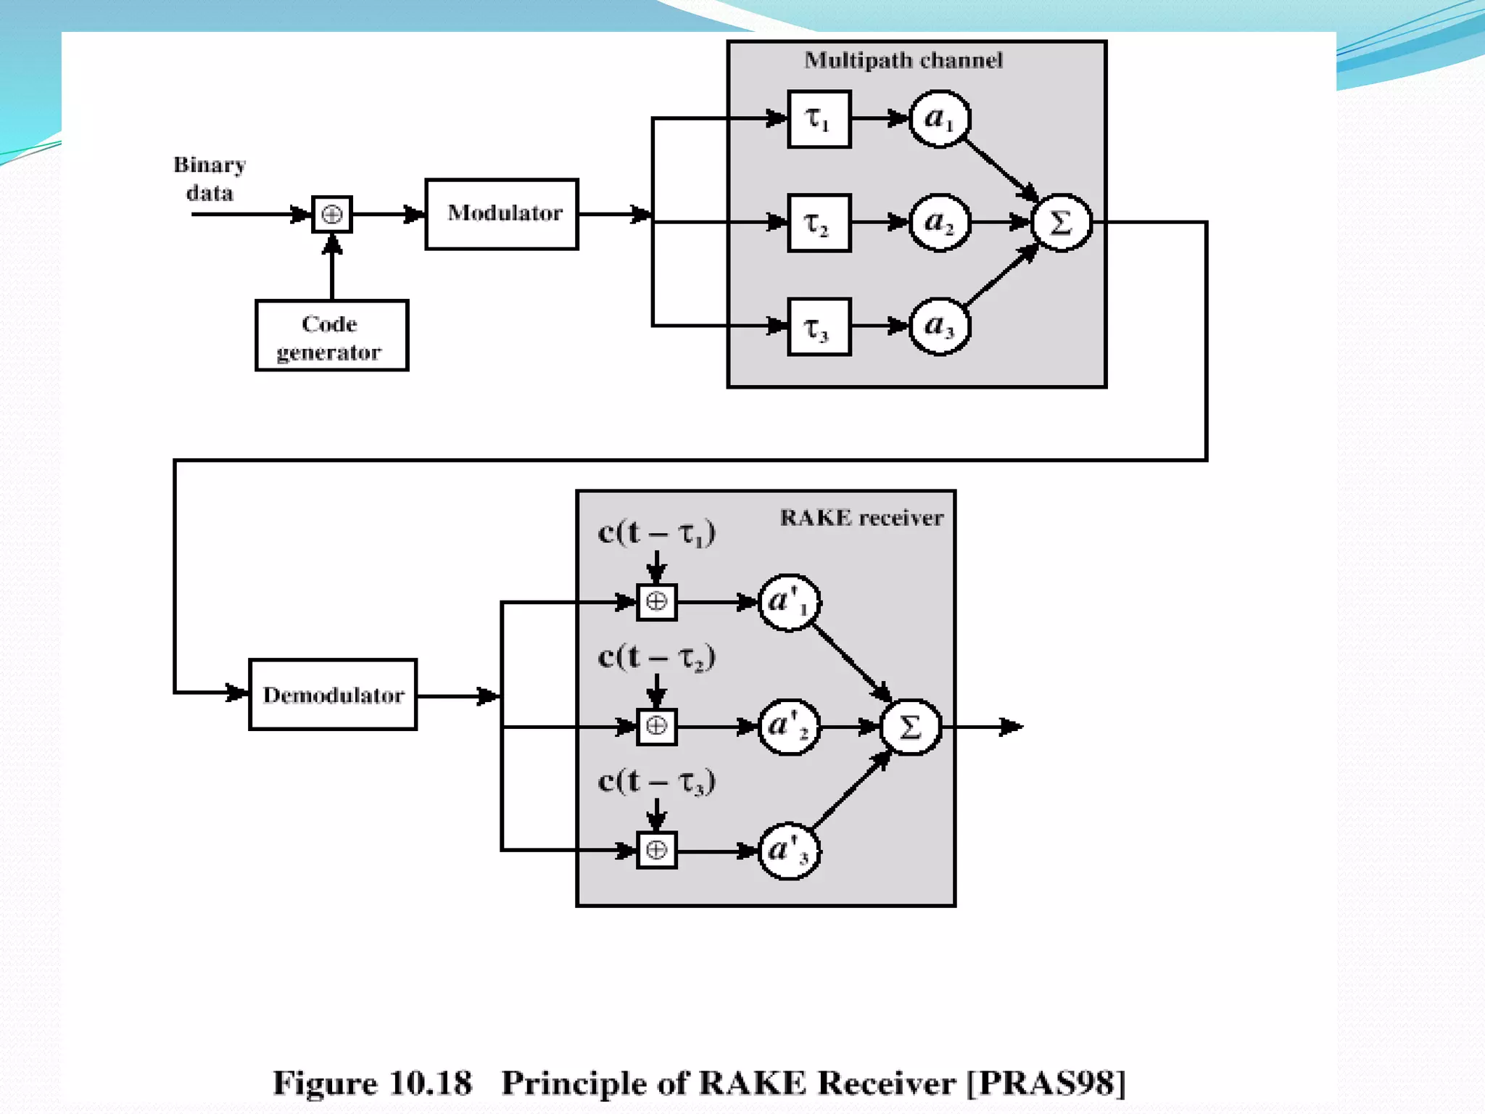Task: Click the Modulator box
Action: tap(502, 214)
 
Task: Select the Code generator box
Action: tap(331, 336)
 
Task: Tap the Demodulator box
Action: tap(333, 695)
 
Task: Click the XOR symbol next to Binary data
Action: tap(332, 214)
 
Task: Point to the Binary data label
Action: tap(210, 178)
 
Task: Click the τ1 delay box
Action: tap(819, 119)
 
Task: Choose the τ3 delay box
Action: tap(819, 327)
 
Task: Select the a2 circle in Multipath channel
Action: tap(940, 223)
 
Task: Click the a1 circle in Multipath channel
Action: tap(940, 119)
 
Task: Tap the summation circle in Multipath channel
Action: tap(1061, 223)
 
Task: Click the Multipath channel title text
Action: tap(903, 60)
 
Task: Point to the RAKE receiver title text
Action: tap(861, 518)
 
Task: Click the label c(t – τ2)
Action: tap(657, 657)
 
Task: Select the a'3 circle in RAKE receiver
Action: tap(789, 851)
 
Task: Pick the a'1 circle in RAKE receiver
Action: tap(789, 602)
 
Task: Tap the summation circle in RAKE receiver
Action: tap(910, 727)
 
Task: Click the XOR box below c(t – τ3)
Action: tap(657, 850)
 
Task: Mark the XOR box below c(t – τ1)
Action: tap(657, 602)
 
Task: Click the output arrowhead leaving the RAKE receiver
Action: tap(1012, 727)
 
